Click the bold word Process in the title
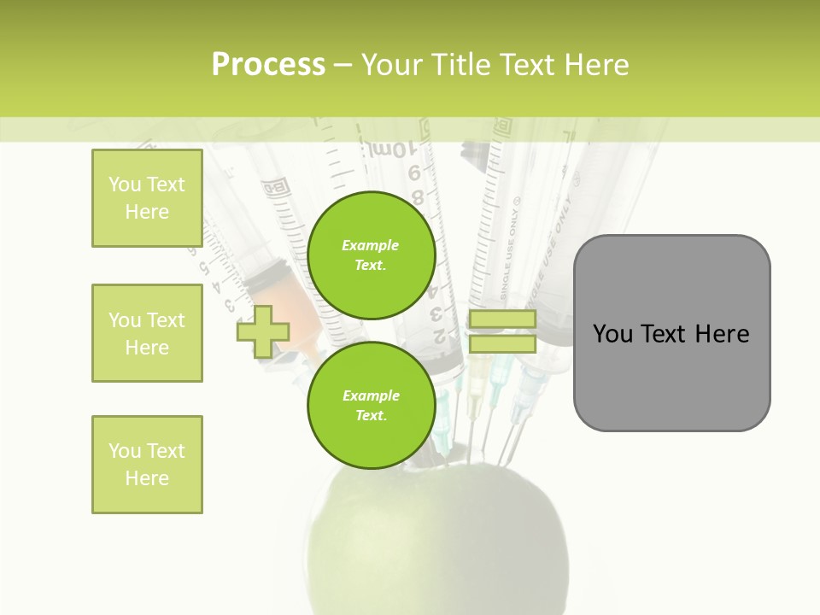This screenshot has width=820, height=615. pyautogui.click(x=268, y=65)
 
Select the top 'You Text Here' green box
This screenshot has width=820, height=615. pyautogui.click(x=147, y=198)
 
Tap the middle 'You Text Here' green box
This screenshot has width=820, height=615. pyautogui.click(x=147, y=333)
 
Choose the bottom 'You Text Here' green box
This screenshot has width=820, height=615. pyautogui.click(x=147, y=465)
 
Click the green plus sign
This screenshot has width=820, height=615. pyautogui.click(x=263, y=331)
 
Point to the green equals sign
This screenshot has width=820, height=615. pyautogui.click(x=502, y=331)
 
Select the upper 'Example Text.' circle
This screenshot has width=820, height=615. pyautogui.click(x=371, y=255)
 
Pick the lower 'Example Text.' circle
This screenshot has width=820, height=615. pyautogui.click(x=371, y=405)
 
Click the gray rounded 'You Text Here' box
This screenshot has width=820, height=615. pyautogui.click(x=671, y=333)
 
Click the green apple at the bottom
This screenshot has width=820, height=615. pyautogui.click(x=436, y=547)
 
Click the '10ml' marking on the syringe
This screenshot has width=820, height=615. pyautogui.click(x=390, y=150)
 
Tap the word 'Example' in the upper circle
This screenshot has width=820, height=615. pyautogui.click(x=371, y=245)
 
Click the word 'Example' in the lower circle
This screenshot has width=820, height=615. pyautogui.click(x=371, y=395)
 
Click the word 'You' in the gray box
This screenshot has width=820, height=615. pyautogui.click(x=612, y=334)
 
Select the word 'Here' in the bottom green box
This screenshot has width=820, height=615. pyautogui.click(x=147, y=478)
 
